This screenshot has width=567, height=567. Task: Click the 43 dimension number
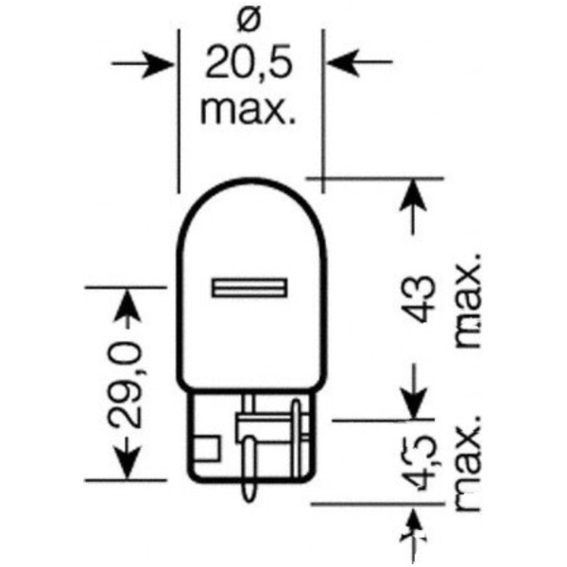(421, 301)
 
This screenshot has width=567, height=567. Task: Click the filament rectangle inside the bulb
(249, 285)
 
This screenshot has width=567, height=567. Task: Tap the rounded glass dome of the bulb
(249, 236)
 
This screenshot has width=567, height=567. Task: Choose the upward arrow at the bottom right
(413, 529)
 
